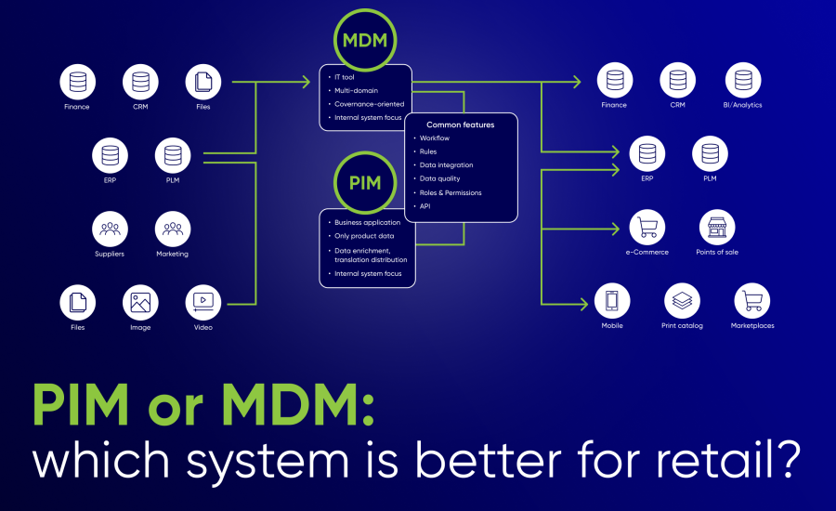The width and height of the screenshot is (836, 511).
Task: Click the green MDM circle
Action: tap(366, 40)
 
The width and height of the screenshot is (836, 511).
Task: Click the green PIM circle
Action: tap(365, 182)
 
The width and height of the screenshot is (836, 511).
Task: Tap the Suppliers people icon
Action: tap(110, 229)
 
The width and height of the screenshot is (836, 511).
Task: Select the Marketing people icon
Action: tap(173, 229)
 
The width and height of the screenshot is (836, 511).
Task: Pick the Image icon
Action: tap(140, 302)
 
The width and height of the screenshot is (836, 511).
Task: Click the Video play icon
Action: tap(203, 302)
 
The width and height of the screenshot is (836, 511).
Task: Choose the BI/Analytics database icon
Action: tap(742, 81)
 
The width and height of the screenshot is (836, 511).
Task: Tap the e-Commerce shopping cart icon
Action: tap(647, 228)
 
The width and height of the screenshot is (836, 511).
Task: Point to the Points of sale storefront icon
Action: tap(716, 228)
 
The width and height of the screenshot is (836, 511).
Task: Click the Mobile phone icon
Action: tap(612, 301)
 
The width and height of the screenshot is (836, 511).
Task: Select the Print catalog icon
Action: tap(682, 301)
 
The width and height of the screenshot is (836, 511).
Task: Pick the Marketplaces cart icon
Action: tap(751, 301)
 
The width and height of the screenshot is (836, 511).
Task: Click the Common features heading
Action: tap(460, 124)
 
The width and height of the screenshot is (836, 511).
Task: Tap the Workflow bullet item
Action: tap(435, 138)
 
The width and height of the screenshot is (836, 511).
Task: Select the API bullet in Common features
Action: tap(425, 205)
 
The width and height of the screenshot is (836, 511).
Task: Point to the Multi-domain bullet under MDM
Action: tap(357, 90)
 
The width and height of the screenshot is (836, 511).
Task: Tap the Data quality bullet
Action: tap(439, 178)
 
